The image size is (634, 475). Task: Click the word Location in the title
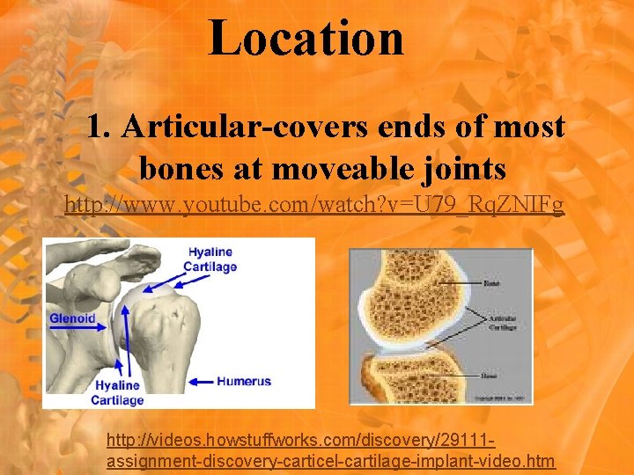(x=306, y=39)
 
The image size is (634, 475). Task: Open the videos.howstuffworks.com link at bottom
(x=330, y=449)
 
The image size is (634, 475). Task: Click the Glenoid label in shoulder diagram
(x=72, y=318)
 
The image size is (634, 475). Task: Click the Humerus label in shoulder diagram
(x=243, y=381)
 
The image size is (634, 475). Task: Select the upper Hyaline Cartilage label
(x=210, y=259)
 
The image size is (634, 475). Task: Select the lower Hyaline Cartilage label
(x=118, y=392)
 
